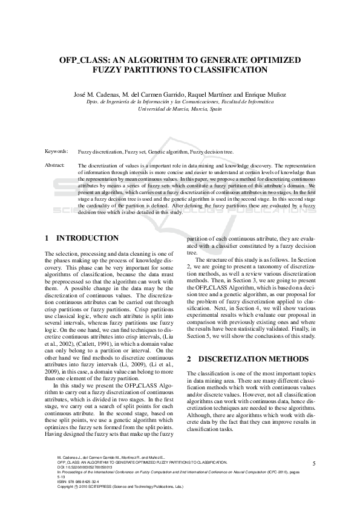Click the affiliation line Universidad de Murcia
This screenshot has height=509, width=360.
pyautogui.click(x=180, y=109)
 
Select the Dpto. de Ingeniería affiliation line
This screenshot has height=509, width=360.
pyautogui.click(x=180, y=102)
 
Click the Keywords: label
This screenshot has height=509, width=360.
pyautogui.click(x=56, y=151)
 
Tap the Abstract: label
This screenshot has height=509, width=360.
pyautogui.click(x=55, y=164)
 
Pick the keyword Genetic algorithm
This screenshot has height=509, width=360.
pyautogui.click(x=168, y=152)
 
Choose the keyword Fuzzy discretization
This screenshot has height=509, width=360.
pyautogui.click(x=100, y=152)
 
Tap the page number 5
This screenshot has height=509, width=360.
pyautogui.click(x=314, y=462)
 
